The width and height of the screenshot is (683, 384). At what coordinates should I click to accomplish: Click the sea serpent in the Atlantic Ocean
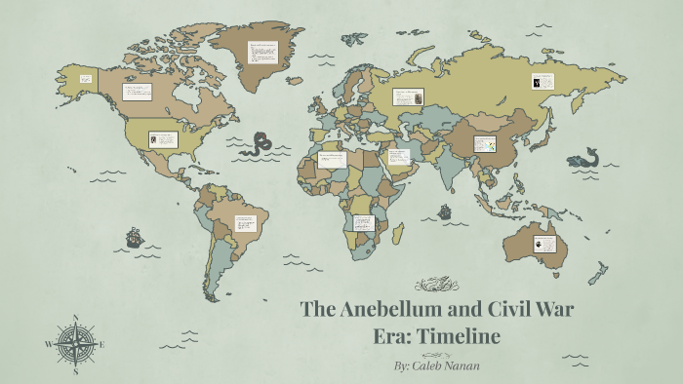click(259, 144)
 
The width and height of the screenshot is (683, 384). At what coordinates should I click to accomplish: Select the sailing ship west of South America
click(134, 236)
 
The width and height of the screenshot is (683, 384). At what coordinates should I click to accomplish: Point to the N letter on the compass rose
click(75, 318)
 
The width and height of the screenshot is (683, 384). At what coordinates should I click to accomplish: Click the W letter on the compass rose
click(48, 344)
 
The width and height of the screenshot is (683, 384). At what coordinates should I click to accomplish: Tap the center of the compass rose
click(75, 344)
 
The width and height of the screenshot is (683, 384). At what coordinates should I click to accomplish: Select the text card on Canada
click(137, 96)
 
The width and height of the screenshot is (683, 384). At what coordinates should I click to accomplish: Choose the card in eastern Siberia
click(542, 83)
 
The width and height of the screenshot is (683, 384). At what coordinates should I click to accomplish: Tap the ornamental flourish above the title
click(436, 285)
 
